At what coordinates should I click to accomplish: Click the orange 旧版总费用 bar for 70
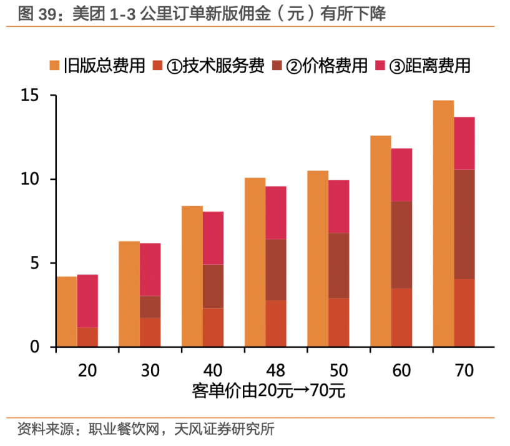click(443, 223)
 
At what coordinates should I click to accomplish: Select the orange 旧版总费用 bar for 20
click(67, 311)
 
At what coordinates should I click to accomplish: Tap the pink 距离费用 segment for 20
click(87, 300)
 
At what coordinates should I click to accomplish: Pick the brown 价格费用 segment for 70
click(464, 224)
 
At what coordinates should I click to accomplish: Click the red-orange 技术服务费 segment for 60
click(401, 317)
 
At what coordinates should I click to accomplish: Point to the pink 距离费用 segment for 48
click(275, 212)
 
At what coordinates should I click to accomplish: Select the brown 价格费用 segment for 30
click(150, 307)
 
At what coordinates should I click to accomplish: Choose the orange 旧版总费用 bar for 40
click(192, 276)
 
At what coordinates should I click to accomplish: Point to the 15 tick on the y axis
click(30, 96)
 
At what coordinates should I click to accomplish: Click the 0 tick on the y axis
click(35, 347)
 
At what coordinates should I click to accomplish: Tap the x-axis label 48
click(276, 370)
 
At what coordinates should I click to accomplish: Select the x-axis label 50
click(338, 370)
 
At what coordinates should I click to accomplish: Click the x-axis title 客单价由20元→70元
click(268, 392)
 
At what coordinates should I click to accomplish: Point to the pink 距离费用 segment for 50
click(338, 206)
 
